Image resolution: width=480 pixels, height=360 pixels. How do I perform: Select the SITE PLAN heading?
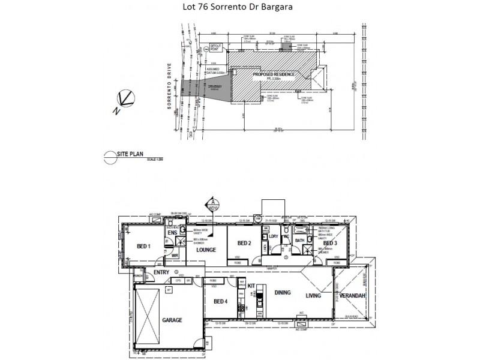click(x=130, y=154)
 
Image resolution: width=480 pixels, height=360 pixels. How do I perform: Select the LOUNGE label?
click(x=206, y=250)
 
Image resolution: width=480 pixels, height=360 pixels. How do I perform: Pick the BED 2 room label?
click(x=243, y=243)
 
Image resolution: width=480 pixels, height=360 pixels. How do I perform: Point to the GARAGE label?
click(x=172, y=320)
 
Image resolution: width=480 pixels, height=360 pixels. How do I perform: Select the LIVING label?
click(x=314, y=296)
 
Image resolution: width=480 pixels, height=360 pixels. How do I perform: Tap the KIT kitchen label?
click(x=252, y=286)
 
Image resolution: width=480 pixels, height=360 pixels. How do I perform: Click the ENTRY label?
click(x=161, y=272)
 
